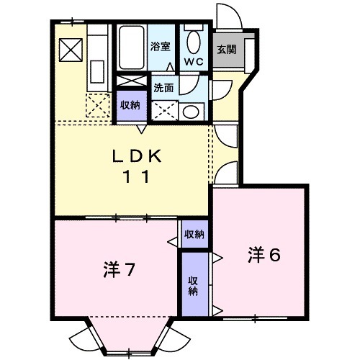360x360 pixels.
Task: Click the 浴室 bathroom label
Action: point(160,46)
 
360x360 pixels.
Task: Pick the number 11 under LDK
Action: point(140,178)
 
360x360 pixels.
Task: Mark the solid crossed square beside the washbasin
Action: point(164,109)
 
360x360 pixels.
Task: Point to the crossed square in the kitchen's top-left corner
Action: point(71,49)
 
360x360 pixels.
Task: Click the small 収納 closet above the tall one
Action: point(193,234)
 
